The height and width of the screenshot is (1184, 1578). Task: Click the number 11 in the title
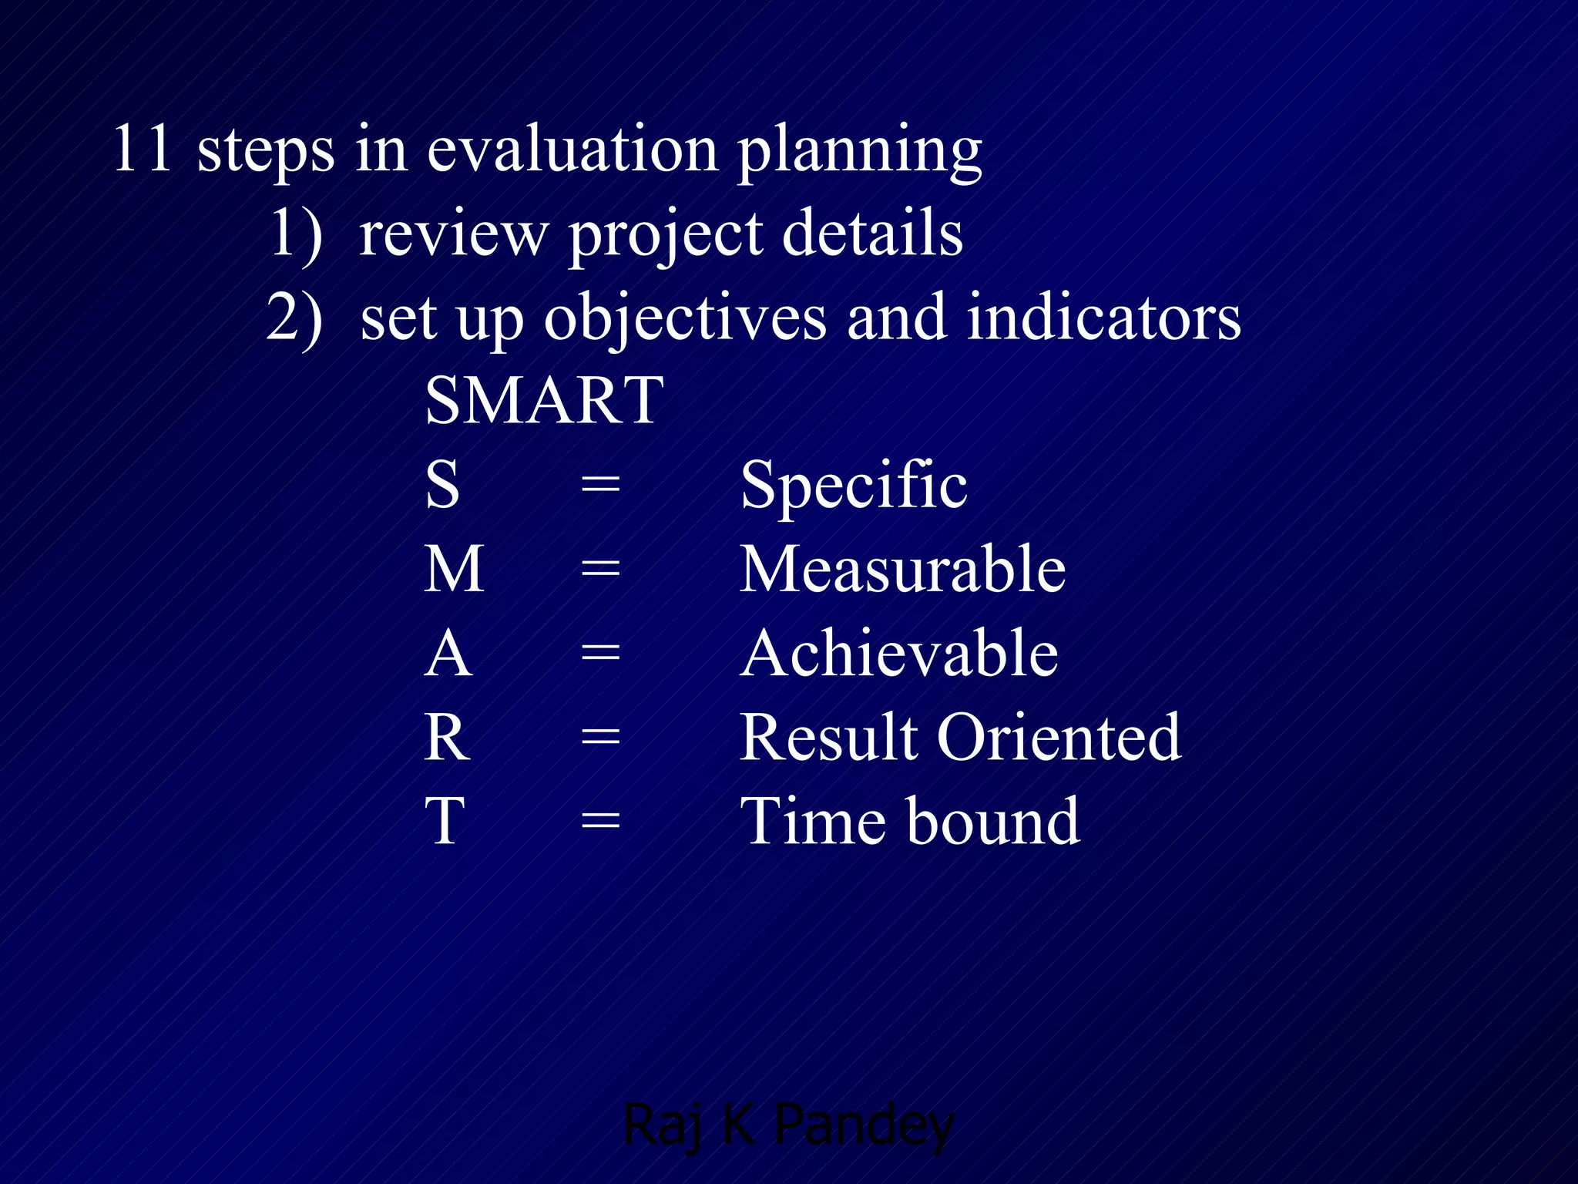click(x=143, y=148)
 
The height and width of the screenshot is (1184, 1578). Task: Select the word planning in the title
click(x=860, y=153)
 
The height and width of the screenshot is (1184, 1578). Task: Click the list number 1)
click(x=296, y=234)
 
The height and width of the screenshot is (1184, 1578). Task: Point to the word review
click(x=453, y=234)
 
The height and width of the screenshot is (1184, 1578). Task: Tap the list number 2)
click(x=294, y=318)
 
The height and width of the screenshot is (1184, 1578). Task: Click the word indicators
click(x=1103, y=318)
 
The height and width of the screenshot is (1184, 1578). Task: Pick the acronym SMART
click(x=544, y=401)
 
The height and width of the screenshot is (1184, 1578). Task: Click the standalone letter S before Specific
click(x=443, y=485)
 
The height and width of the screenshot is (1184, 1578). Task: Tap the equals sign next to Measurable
click(x=600, y=570)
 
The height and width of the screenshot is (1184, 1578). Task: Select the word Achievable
click(x=899, y=654)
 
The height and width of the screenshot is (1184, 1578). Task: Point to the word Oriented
click(x=1059, y=738)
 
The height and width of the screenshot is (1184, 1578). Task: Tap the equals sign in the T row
click(x=600, y=822)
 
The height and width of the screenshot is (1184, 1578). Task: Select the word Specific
click(x=854, y=485)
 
